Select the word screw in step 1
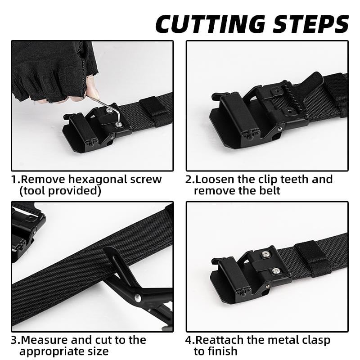(x=144, y=179)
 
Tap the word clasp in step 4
(x=312, y=340)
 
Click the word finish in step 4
(x=222, y=351)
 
